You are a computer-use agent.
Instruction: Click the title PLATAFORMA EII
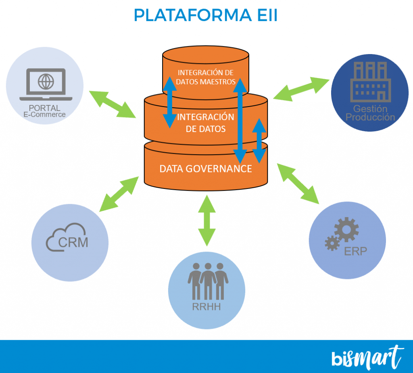[x=205, y=15]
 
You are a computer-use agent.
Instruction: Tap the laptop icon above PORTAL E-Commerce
[x=46, y=85]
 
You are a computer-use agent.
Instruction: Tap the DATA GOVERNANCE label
[x=206, y=169]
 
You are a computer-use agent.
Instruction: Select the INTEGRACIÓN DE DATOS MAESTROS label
[x=206, y=77]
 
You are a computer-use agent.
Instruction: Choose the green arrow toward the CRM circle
[x=119, y=194]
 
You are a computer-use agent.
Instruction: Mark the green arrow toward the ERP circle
[x=298, y=183]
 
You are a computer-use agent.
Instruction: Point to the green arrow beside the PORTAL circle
[x=112, y=104]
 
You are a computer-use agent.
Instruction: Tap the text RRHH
[x=206, y=309]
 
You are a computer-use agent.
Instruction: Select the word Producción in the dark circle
[x=370, y=117]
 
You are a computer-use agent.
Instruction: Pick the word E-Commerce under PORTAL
[x=44, y=114]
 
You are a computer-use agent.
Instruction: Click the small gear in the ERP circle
[x=332, y=243]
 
